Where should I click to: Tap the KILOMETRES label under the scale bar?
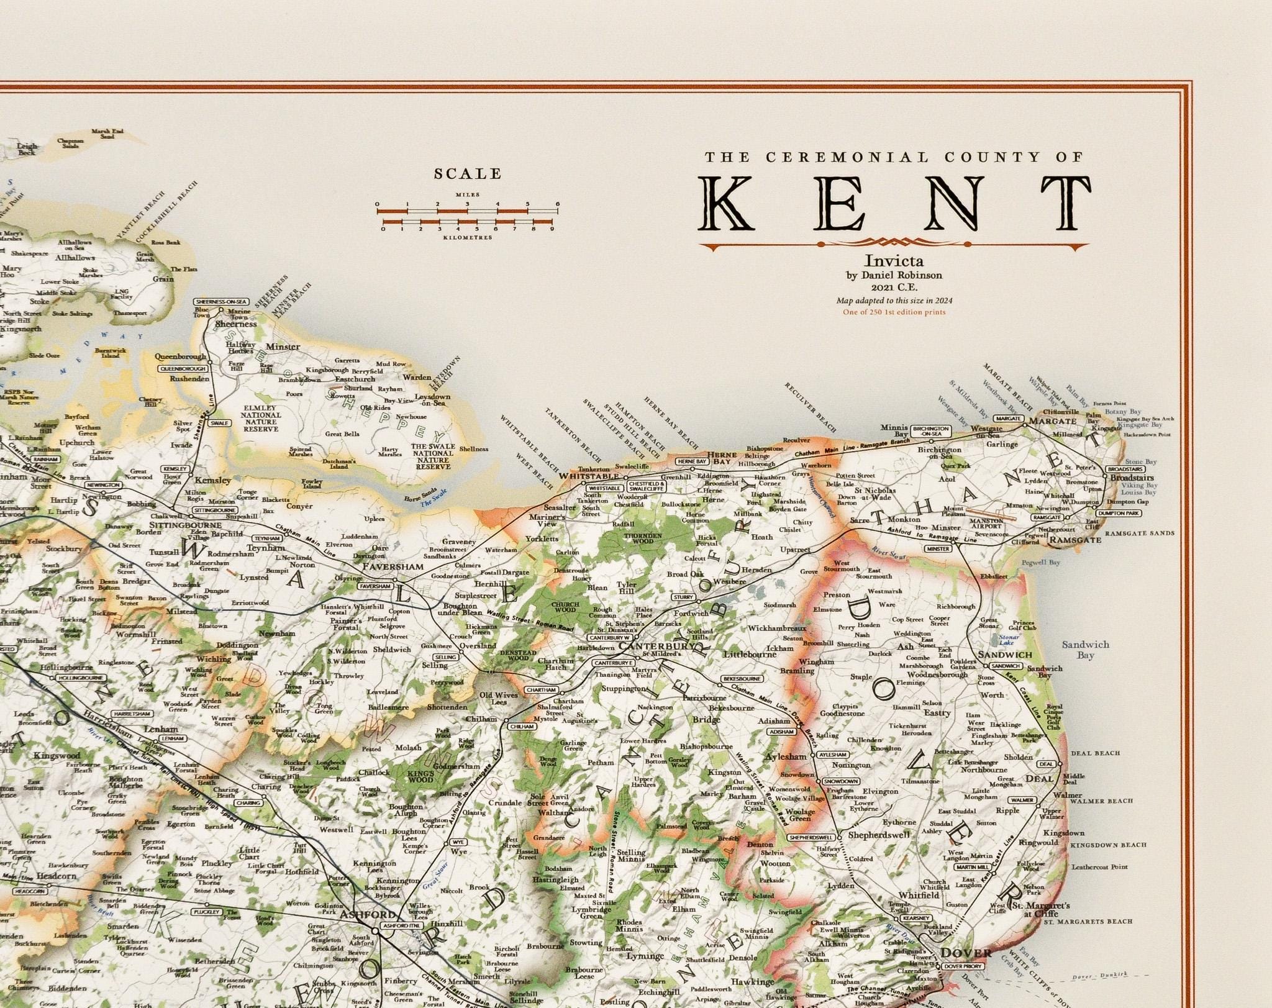(467, 237)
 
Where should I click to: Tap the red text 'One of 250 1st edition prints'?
(894, 312)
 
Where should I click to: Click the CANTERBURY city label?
(656, 647)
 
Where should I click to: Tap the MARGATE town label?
(1052, 420)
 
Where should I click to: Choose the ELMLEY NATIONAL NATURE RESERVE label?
(260, 419)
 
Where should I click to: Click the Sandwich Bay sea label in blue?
(1086, 650)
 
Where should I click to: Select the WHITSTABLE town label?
(589, 476)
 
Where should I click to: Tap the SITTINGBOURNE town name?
(184, 523)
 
